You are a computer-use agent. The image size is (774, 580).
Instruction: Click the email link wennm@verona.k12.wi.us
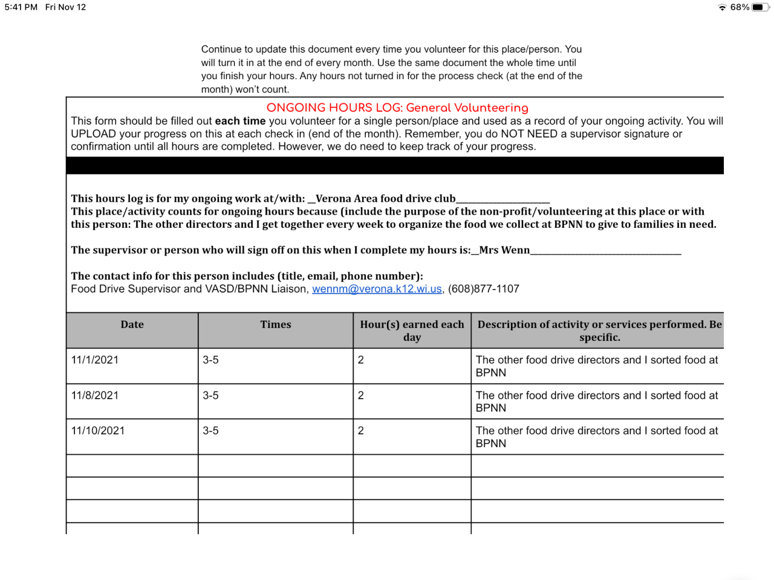coord(377,289)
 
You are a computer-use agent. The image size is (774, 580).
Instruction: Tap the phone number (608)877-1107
coord(483,289)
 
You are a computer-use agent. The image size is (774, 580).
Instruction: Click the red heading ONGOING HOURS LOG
coord(397,108)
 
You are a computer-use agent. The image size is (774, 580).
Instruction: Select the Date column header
coord(132,324)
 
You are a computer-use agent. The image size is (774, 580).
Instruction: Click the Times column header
coord(275,324)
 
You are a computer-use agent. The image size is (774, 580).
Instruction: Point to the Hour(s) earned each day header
coord(412,330)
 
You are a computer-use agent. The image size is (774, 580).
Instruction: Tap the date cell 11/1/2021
coord(95,360)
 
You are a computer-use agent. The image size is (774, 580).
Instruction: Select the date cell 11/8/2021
coord(95,396)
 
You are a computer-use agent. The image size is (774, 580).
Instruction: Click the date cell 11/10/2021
coord(98,431)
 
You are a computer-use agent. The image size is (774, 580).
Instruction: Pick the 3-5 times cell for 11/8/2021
coord(210,396)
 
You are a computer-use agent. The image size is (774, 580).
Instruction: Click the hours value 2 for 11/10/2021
coord(361,431)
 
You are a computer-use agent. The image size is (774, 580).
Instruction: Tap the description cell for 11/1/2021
coord(596,366)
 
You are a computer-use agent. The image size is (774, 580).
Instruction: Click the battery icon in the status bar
coord(759,7)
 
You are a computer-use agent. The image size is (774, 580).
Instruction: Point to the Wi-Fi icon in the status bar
coord(722,7)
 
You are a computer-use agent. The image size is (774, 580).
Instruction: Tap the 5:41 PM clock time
coord(21,7)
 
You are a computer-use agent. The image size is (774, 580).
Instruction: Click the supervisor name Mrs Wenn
coord(504,250)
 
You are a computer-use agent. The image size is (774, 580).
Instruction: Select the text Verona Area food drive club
coord(386,199)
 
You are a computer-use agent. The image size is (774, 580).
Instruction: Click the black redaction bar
coord(395,166)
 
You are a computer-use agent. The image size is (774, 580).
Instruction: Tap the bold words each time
coord(240,121)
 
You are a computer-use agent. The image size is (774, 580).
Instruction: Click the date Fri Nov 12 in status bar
coord(65,7)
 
